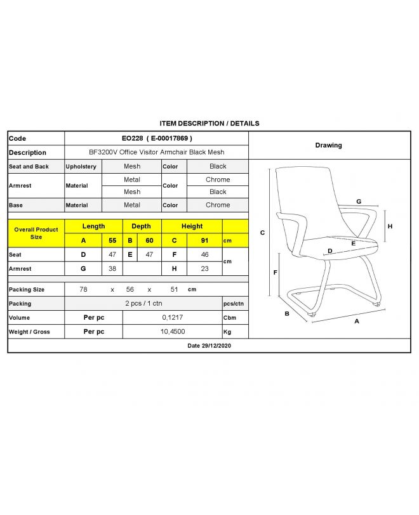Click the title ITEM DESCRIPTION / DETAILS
pyautogui.click(x=209, y=124)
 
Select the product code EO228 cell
pyautogui.click(x=156, y=138)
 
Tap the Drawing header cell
pyautogui.click(x=328, y=145)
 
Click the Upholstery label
pyautogui.click(x=81, y=166)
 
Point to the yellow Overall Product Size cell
pyautogui.click(x=36, y=233)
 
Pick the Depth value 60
pyautogui.click(x=150, y=240)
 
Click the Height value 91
pyautogui.click(x=204, y=240)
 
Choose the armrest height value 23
pyautogui.click(x=204, y=268)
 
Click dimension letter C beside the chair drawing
pyautogui.click(x=263, y=233)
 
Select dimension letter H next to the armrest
pyautogui.click(x=390, y=226)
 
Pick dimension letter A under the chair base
pyautogui.click(x=357, y=321)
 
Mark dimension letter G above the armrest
pyautogui.click(x=359, y=201)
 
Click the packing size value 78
pyautogui.click(x=83, y=289)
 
